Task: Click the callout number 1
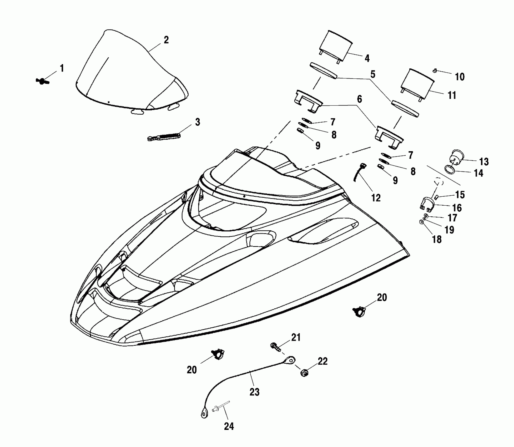coord(62,69)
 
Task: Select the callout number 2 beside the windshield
coord(166,40)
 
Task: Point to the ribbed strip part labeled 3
coord(164,137)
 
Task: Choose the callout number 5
coord(372,74)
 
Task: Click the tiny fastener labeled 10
coord(435,70)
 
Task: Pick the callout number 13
coord(484,162)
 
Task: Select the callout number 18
coord(437,239)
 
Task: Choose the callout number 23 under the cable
coord(254,392)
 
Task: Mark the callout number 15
coord(460,195)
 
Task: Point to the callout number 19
coord(449,230)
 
